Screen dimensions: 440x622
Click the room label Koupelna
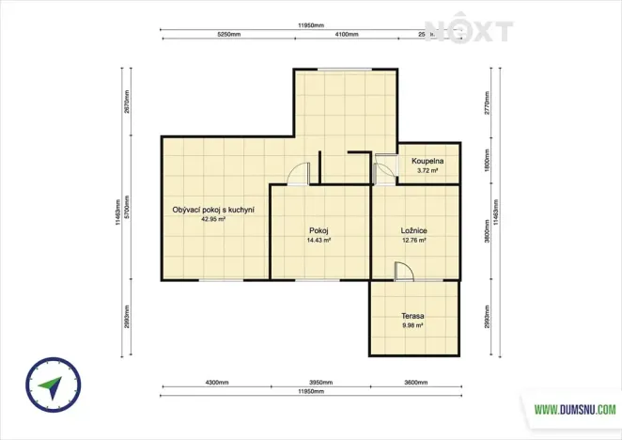428,162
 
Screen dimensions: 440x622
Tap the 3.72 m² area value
428,171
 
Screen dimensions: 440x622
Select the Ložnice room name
414,230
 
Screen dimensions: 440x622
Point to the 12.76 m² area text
414,241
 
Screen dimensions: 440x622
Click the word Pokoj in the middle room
319,230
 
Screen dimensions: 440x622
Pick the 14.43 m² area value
319,241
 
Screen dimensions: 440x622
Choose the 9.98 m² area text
413,326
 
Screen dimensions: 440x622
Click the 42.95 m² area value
214,218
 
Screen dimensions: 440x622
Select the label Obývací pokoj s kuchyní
214,209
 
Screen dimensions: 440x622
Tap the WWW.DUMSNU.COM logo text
575,410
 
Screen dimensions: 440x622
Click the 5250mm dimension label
229,35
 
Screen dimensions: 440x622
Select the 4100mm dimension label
347,35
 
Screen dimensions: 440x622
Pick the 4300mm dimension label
216,383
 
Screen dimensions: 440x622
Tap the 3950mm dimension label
321,383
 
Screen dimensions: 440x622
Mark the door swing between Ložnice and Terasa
403,271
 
